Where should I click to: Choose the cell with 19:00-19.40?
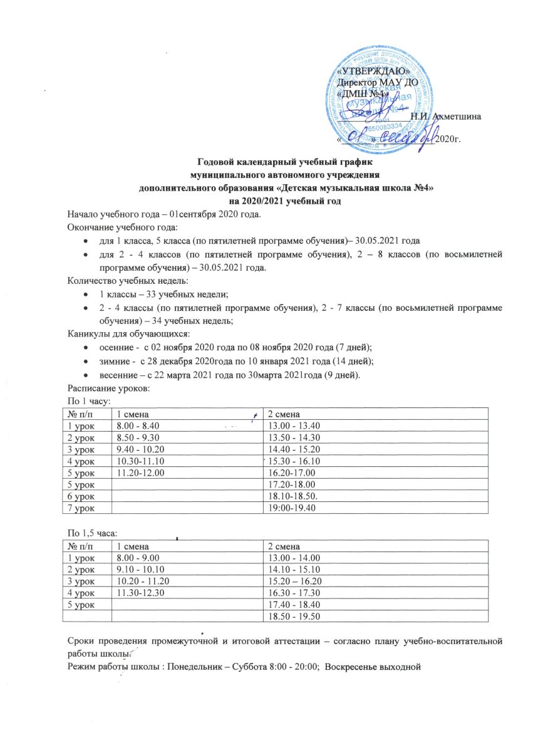point(288,508)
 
